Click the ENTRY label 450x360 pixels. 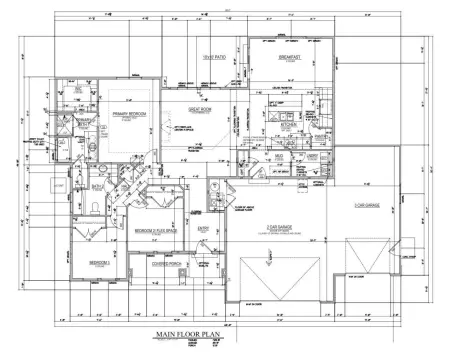[204, 228]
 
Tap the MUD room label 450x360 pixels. [282, 157]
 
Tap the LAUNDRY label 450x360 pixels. [312, 157]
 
